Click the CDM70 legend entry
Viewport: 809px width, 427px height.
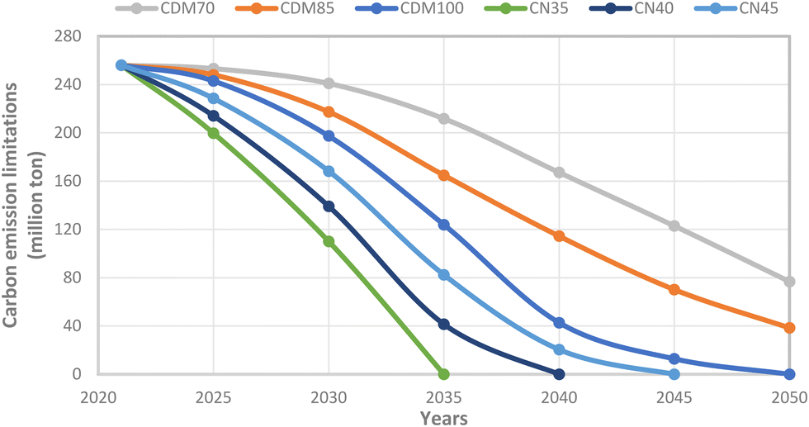click(x=165, y=8)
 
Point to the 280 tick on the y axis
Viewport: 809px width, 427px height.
click(x=68, y=36)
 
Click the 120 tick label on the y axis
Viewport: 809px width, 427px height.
click(x=68, y=230)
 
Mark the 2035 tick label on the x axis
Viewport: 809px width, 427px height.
click(x=443, y=397)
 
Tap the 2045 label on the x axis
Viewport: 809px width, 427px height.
click(x=674, y=397)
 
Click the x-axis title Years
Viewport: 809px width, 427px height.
click(x=444, y=418)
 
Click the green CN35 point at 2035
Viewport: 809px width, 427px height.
click(x=443, y=374)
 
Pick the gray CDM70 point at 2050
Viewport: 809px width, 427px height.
click(x=789, y=282)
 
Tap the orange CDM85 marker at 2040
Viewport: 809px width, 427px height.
click(x=559, y=236)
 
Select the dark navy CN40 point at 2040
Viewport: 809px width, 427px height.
click(x=559, y=374)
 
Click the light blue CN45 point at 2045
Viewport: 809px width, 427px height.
click(x=674, y=374)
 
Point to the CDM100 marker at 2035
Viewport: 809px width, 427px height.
click(x=443, y=225)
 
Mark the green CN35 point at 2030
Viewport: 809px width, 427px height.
click(x=329, y=241)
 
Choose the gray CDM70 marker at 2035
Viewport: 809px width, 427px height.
click(x=443, y=119)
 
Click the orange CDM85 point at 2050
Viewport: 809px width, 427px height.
click(x=789, y=328)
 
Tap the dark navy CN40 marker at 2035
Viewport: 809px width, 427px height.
click(x=443, y=325)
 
